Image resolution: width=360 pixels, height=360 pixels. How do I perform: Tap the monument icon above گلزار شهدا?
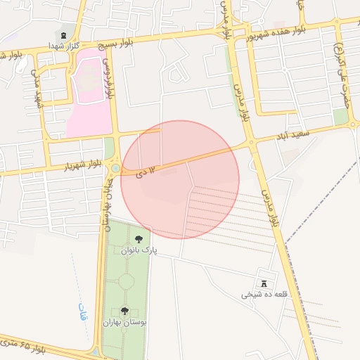[x=65, y=34]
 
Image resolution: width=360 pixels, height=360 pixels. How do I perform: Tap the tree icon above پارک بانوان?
[x=138, y=238]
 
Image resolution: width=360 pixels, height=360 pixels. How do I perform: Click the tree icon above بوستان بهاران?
[x=124, y=310]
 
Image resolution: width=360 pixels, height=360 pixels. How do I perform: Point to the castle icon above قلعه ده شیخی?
[x=264, y=283]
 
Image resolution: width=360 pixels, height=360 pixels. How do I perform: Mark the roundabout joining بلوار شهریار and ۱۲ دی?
[x=115, y=169]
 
